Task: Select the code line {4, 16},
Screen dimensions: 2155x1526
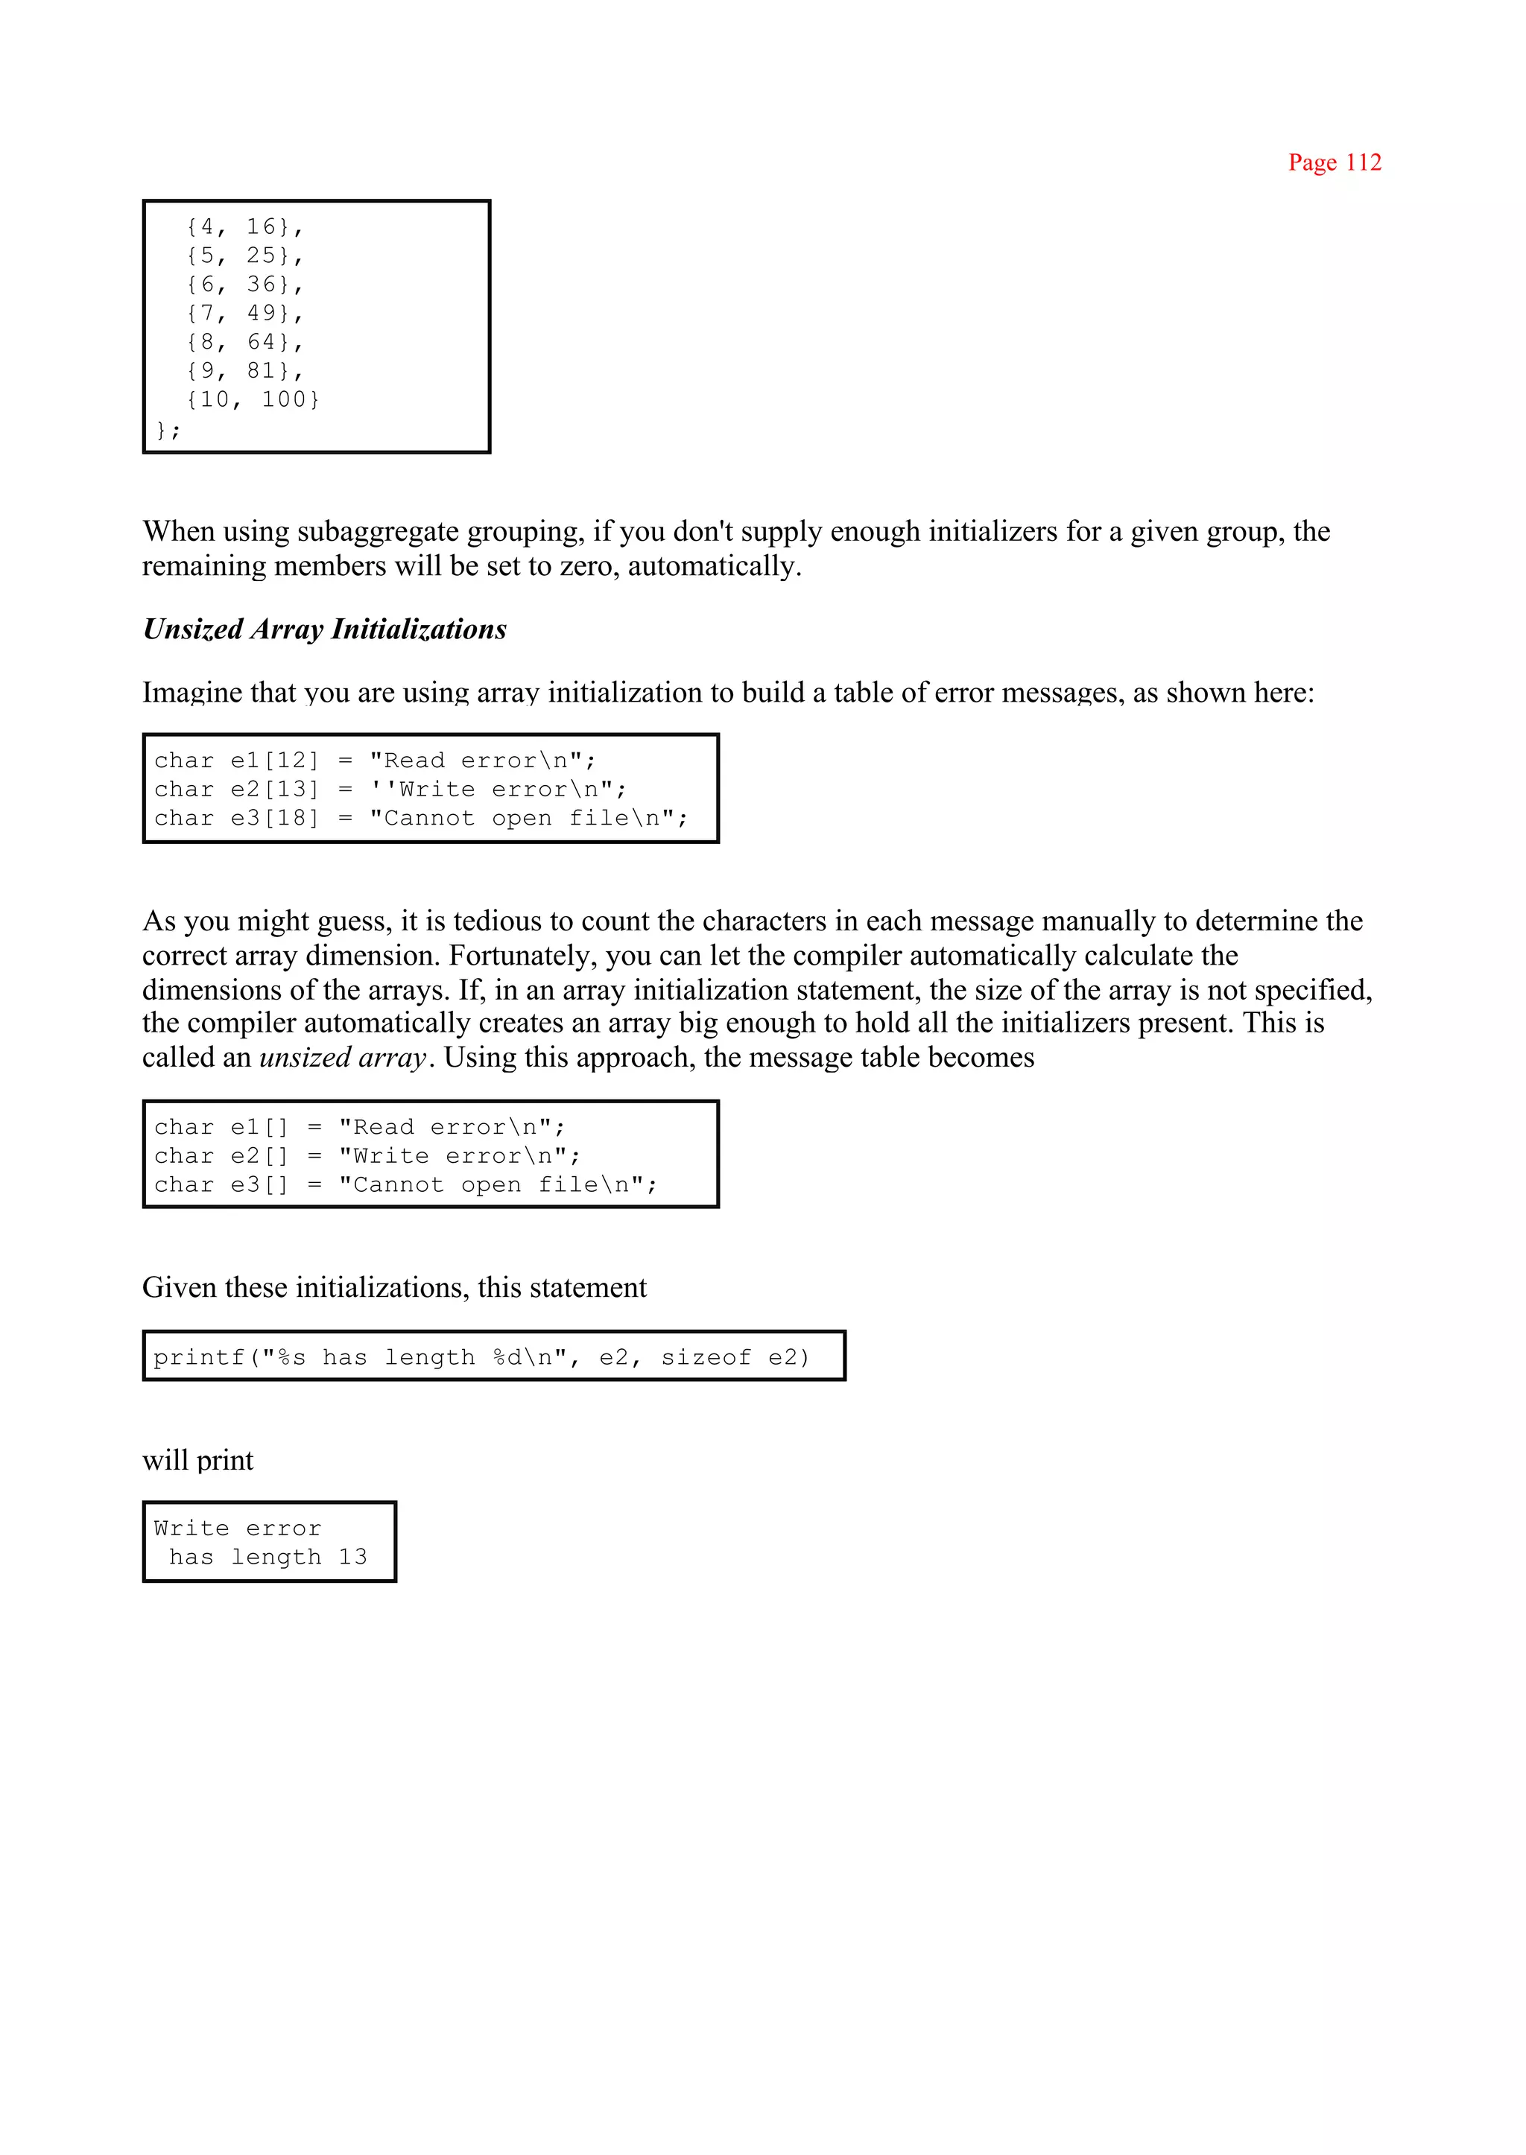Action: click(244, 227)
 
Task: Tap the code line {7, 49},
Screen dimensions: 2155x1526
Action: click(244, 314)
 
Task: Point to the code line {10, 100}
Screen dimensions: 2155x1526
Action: click(253, 400)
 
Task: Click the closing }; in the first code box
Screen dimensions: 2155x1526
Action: click(168, 431)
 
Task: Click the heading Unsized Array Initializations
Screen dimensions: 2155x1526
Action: click(324, 629)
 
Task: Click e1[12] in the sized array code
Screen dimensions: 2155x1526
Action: click(274, 761)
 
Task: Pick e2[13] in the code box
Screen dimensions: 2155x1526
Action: click(274, 790)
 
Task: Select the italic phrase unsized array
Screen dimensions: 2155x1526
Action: click(343, 1058)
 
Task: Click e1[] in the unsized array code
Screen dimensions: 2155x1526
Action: click(259, 1127)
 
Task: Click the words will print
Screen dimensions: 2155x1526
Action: click(197, 1461)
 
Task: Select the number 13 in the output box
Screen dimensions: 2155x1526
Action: click(352, 1558)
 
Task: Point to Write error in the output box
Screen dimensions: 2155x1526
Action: click(238, 1529)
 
